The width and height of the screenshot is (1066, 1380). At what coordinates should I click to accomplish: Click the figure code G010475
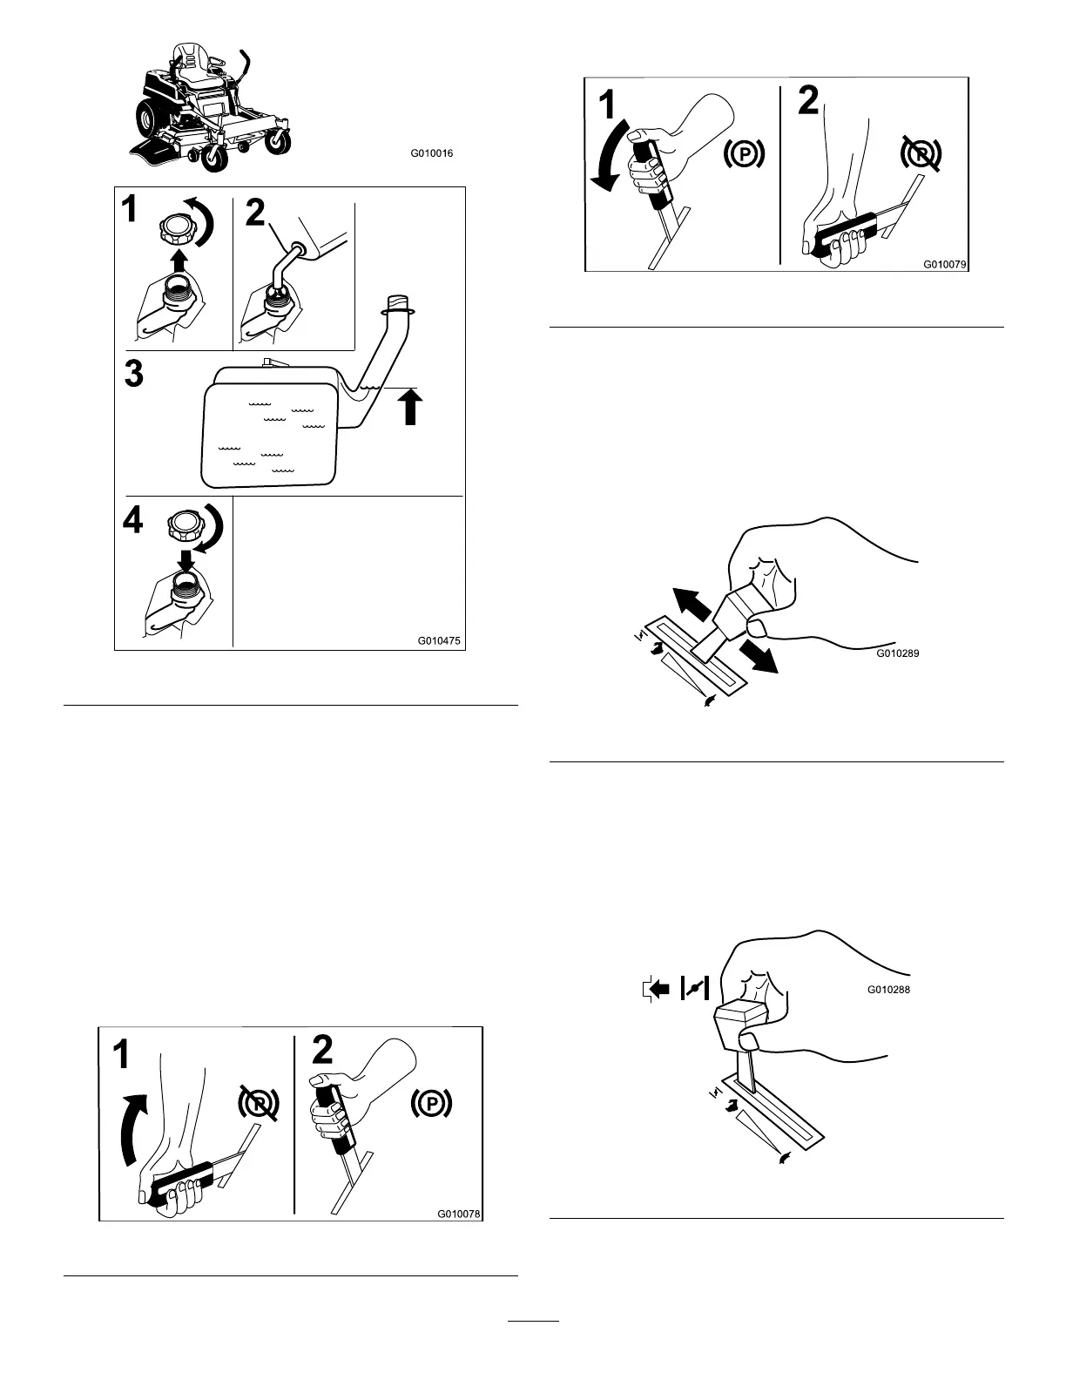[439, 641]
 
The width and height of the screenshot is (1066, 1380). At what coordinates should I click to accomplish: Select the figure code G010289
[897, 653]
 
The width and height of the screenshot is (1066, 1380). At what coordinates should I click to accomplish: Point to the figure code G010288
[888, 990]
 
